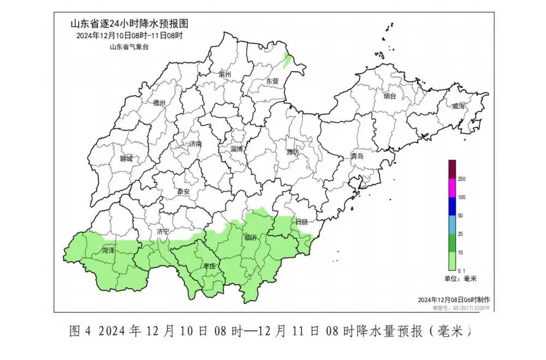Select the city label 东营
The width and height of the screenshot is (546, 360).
pos(272,81)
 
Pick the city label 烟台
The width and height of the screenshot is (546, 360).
pos(389,96)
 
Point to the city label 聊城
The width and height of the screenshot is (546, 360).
pos(126,159)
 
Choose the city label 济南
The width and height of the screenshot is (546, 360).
pos(195,144)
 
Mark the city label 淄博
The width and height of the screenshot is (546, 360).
pos(237,149)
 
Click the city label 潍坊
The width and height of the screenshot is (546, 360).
pos(293,152)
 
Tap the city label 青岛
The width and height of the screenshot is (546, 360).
pos(357,156)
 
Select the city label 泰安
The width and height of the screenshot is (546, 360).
pos(183,192)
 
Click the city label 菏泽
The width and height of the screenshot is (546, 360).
pos(108,251)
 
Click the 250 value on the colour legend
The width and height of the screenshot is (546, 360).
pos(461,179)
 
